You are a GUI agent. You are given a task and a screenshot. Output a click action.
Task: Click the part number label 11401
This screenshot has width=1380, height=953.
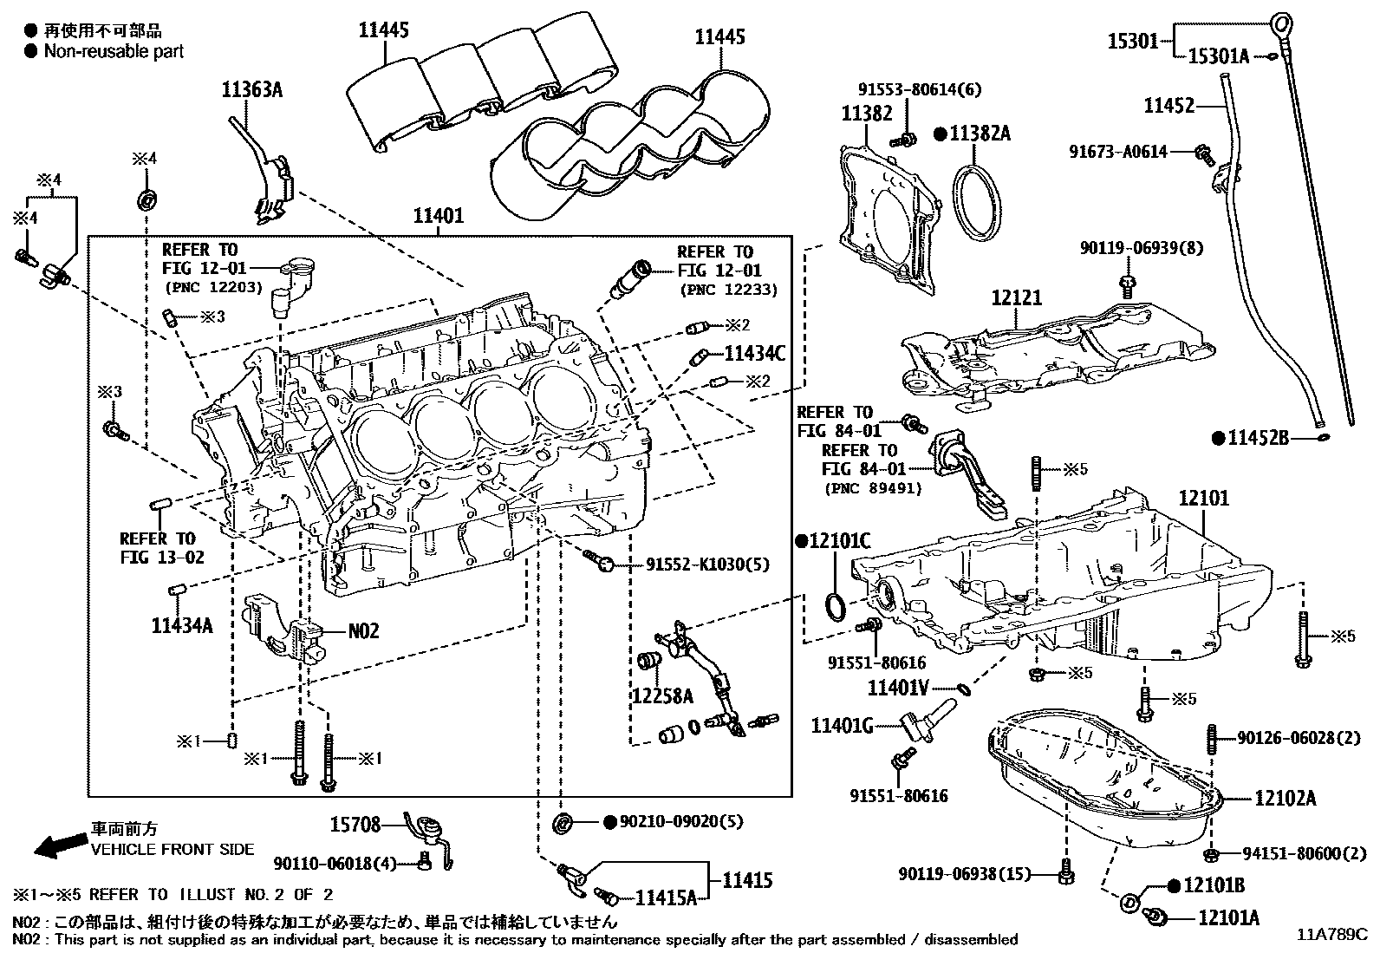coord(438,216)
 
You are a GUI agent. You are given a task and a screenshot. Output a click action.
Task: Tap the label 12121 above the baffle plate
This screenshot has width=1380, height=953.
coord(1017,297)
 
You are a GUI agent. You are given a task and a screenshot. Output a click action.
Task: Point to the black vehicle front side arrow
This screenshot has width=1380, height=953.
coord(57,845)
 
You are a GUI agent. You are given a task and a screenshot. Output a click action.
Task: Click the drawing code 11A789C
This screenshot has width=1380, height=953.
coord(1331,935)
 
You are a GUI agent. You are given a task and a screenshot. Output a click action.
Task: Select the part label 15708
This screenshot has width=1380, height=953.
coord(355,825)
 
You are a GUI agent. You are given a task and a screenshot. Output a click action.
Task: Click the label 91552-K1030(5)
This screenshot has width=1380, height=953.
coord(706,565)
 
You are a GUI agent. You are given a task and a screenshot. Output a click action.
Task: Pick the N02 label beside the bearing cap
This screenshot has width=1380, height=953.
coord(364,630)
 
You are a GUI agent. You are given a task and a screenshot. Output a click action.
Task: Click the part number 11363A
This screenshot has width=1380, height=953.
coord(252,89)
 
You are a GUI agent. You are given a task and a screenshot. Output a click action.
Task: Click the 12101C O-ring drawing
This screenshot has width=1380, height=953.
coord(835,606)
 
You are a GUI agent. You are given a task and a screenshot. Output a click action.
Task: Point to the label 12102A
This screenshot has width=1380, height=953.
coord(1285,799)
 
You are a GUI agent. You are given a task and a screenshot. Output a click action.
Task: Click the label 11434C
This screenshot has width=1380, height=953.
coord(754,353)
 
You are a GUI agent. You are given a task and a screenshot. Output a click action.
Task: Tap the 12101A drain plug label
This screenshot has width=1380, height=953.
coord(1228,917)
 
